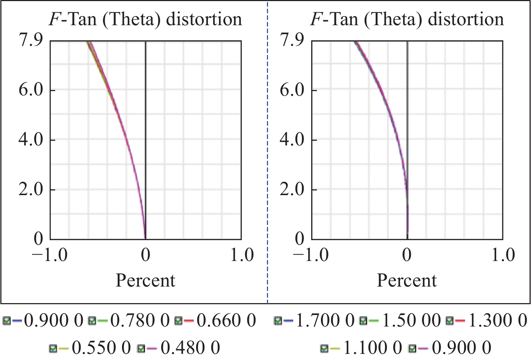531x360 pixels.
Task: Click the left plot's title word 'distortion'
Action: point(204,19)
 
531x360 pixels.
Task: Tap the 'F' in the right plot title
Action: point(316,19)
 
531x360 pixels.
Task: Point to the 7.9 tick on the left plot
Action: point(31,40)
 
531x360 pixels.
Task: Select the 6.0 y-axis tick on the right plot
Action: point(292,90)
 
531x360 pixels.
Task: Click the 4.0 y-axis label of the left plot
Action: point(31,140)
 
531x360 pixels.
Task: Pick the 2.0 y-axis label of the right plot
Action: point(292,189)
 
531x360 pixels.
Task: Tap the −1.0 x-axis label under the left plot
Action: point(50,255)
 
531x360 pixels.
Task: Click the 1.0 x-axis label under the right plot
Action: point(503,255)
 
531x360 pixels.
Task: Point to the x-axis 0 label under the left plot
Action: point(145,255)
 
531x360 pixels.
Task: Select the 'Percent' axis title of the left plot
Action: point(145,280)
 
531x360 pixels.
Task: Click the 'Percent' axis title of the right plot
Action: point(407,280)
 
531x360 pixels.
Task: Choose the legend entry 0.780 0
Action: point(140,320)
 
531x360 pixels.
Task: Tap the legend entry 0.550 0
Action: point(101,348)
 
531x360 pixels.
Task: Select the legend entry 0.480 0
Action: point(190,348)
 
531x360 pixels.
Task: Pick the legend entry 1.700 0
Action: point(324,320)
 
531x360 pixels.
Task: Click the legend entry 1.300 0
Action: point(498,320)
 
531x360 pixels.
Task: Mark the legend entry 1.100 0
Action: point(372,348)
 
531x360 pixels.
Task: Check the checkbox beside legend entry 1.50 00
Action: point(363,320)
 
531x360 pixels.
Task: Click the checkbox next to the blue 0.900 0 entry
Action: point(6,320)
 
